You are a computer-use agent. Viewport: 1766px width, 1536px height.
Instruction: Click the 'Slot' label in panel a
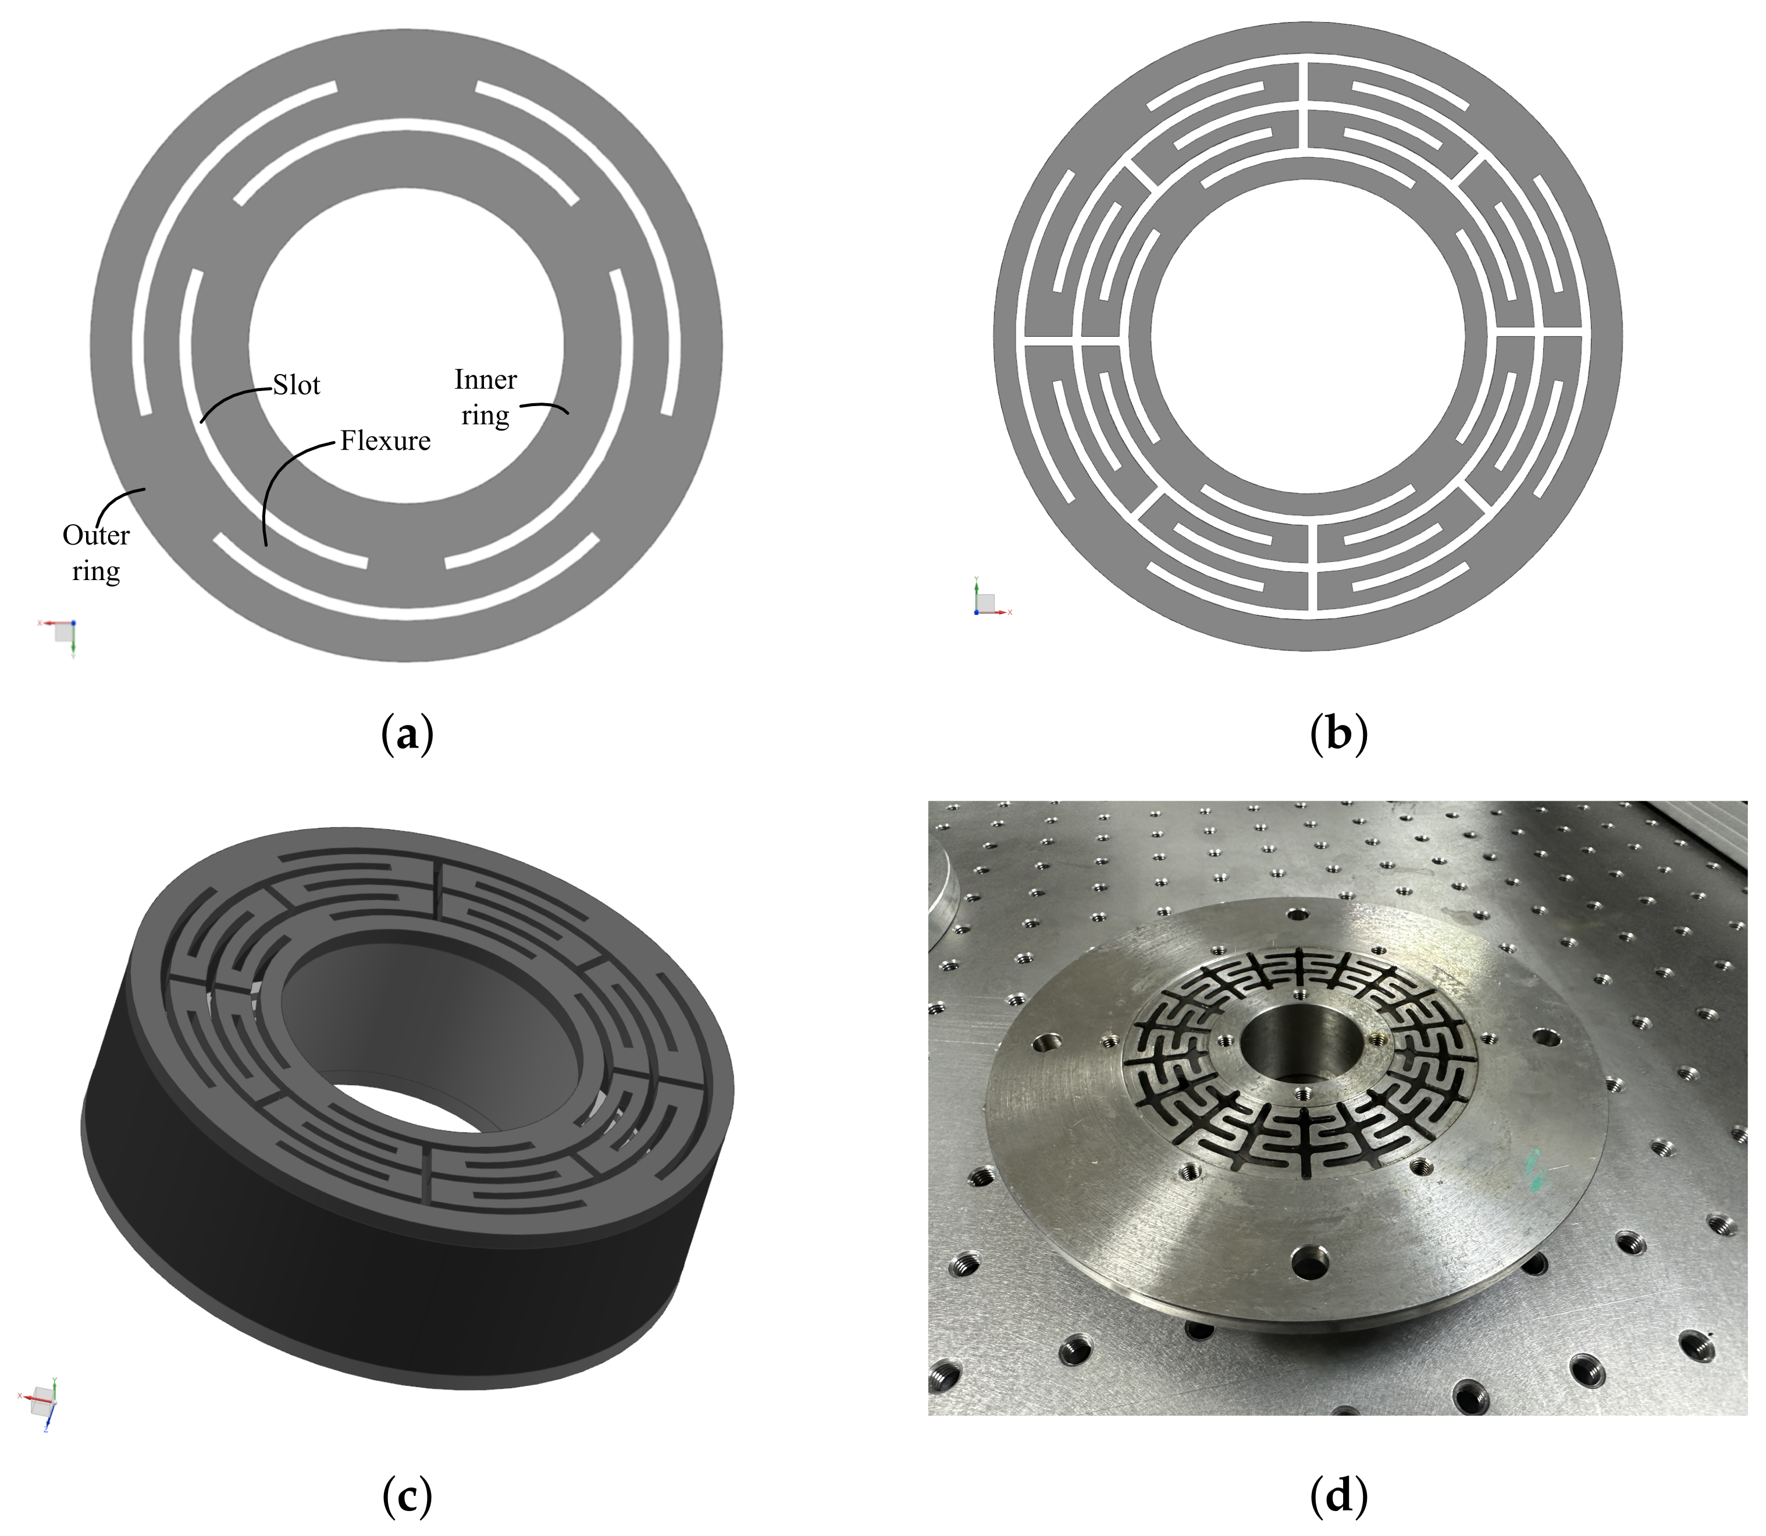[x=297, y=385]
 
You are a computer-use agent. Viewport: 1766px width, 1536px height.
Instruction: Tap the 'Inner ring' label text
[x=485, y=397]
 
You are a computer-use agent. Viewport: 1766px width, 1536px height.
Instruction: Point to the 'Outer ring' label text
[x=96, y=553]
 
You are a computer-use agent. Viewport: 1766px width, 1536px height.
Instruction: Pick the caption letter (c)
[x=407, y=1496]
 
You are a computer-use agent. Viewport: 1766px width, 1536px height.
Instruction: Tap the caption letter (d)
[x=1338, y=1496]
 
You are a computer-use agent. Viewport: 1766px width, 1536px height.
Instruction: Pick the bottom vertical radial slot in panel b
[x=1312, y=567]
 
